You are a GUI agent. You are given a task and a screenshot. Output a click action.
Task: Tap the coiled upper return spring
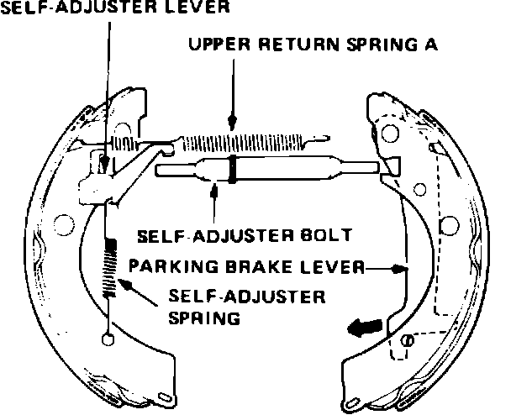(244, 137)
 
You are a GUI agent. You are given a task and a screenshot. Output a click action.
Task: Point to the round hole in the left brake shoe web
(60, 223)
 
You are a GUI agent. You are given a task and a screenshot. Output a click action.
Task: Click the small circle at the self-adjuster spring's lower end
(107, 339)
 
